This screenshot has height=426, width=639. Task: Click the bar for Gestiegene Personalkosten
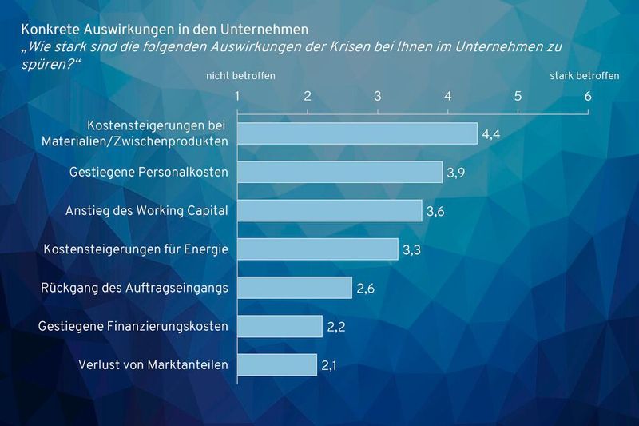coord(339,172)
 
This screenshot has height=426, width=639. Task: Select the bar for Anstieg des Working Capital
coord(330,210)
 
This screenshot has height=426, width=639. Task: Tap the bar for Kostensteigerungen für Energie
coord(318,249)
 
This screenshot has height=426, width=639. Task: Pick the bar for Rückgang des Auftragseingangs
coord(295,288)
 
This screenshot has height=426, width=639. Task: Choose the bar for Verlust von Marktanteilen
coord(277,365)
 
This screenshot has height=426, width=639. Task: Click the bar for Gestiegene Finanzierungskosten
coord(280,326)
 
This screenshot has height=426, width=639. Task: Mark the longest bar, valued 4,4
coord(357,133)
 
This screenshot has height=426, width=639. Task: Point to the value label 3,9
coord(456,173)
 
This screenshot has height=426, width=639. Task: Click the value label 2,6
coord(366,289)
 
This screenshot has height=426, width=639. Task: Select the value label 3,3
coord(412,250)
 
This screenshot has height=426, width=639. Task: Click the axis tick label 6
coord(588,97)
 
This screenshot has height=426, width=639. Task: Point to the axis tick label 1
coord(238,97)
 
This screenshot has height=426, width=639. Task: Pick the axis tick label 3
coord(378,97)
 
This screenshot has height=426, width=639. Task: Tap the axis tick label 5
coord(518,97)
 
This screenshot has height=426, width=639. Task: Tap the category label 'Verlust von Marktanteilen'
coord(153,365)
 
